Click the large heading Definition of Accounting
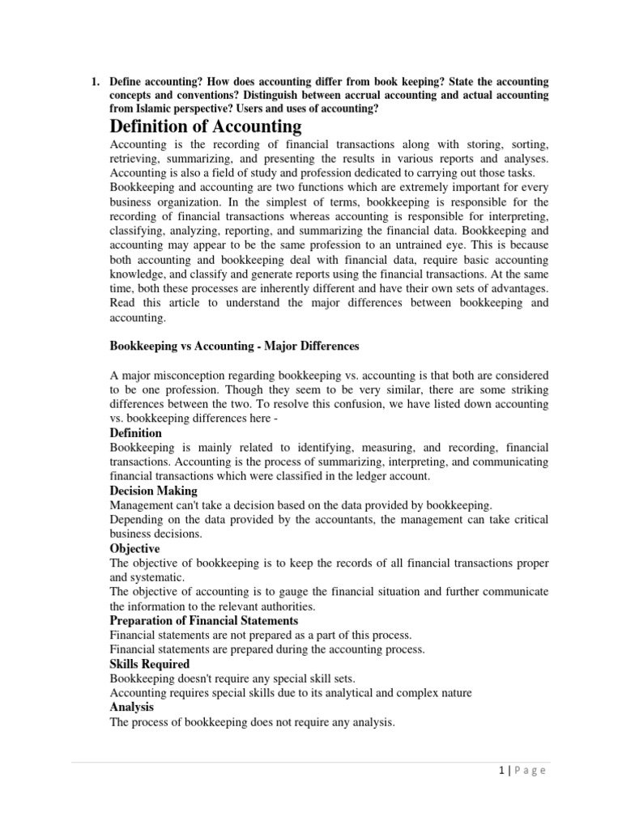205,126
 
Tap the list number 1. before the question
94,83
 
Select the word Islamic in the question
160,108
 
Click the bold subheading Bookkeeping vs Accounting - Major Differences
234,346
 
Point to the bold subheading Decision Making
153,491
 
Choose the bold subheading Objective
135,548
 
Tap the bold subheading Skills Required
149,664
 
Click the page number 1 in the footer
501,770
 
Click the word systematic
157,577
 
